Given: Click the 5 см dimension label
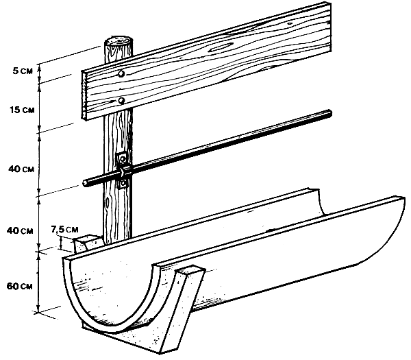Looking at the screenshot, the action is point(23,71).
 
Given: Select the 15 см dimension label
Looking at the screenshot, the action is point(23,110).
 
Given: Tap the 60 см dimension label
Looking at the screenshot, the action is point(20,286).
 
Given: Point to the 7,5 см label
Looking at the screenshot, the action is point(64,230).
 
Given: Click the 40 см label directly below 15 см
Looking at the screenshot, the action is point(21,169).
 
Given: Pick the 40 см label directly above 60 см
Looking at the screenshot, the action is point(20,231).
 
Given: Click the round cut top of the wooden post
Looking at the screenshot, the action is point(119,43).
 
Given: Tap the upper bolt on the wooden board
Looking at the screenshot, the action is point(121,74).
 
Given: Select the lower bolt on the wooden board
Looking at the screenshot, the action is point(121,101).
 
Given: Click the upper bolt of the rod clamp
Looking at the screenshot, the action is point(122,158).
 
